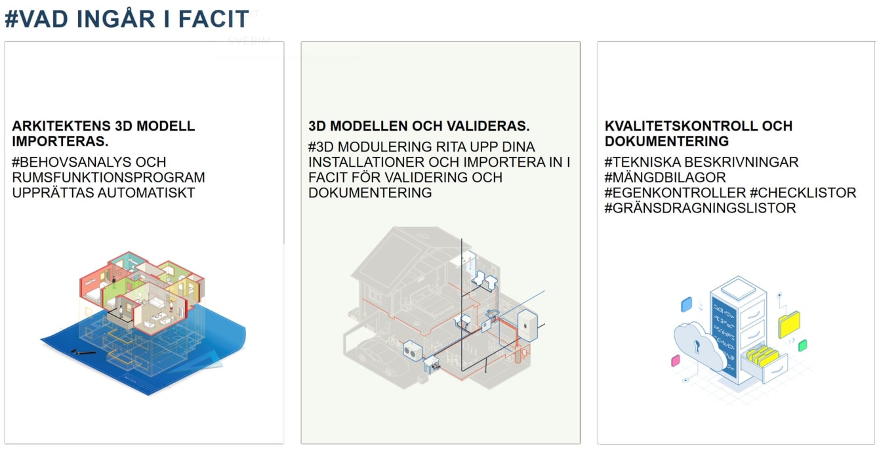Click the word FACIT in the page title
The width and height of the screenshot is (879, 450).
(x=213, y=19)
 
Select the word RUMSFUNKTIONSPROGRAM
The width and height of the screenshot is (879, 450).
(x=108, y=177)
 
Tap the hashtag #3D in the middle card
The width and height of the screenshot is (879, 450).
(x=321, y=147)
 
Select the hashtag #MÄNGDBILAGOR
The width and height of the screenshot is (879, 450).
(x=665, y=177)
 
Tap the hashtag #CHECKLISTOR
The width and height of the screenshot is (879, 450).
(x=803, y=193)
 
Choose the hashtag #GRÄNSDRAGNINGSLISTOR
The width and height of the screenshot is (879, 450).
(x=700, y=208)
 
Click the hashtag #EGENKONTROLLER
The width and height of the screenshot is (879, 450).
(x=675, y=193)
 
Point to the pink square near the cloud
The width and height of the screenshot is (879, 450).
(x=676, y=361)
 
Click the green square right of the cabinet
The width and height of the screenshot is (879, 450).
(x=803, y=346)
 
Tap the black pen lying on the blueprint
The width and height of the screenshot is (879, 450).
(x=83, y=352)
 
